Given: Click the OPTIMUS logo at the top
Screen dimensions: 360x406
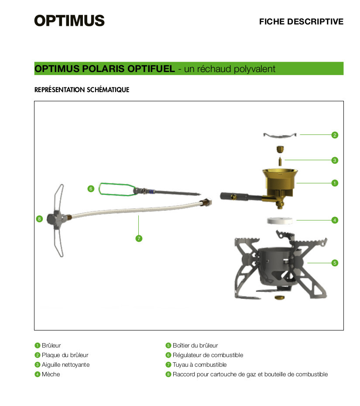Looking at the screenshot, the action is tap(69, 21).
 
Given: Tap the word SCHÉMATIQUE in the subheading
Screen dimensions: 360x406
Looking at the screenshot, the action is tap(108, 89).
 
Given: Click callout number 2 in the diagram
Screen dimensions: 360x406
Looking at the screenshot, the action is tap(335, 135).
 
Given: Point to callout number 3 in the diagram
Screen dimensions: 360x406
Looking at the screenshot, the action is tap(335, 160).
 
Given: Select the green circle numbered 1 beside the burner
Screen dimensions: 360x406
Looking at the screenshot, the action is tap(335, 183).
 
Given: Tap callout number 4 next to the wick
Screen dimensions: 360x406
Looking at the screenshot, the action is tap(335, 220).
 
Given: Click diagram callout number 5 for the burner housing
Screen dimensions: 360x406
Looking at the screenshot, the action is tap(335, 263).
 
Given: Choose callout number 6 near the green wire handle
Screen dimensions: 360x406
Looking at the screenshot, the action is tap(91, 189).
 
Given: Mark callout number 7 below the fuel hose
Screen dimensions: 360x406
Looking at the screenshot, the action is tap(139, 238).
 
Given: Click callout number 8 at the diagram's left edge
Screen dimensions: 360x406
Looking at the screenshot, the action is tap(39, 219).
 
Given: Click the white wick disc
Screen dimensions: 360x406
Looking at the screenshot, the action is tap(280, 220).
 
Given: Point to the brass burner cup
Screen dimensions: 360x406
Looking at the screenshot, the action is tap(280, 180).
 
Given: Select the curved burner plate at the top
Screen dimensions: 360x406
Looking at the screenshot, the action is tap(280, 136).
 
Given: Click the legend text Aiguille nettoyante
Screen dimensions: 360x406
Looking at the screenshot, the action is tap(66, 365).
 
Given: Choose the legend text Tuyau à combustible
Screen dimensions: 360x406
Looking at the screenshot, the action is tap(199, 365).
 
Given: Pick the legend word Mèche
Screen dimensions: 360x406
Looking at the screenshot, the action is tap(51, 375).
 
